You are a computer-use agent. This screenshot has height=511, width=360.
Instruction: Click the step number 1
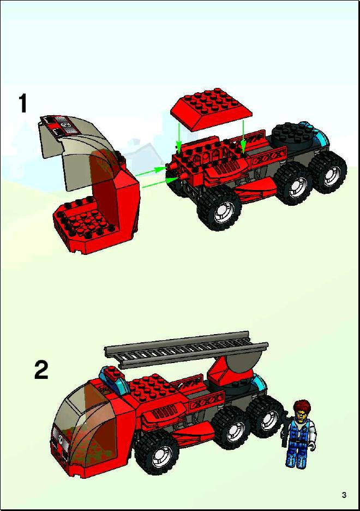[x=23, y=103]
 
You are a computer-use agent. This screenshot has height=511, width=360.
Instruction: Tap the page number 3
[x=344, y=495]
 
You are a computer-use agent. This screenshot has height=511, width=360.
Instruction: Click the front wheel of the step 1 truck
[x=219, y=208]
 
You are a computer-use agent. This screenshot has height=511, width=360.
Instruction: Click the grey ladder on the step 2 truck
[x=186, y=350]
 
